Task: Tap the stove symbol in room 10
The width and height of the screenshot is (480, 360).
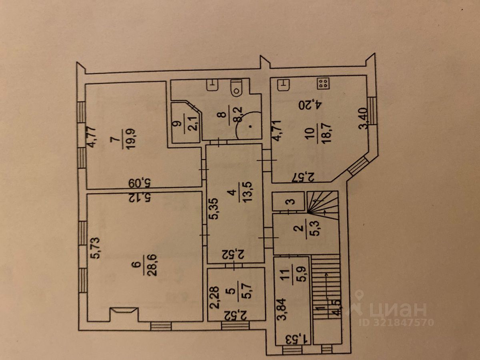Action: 323,84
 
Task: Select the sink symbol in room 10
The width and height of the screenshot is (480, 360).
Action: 284,84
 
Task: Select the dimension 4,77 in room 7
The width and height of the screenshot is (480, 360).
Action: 93,138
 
